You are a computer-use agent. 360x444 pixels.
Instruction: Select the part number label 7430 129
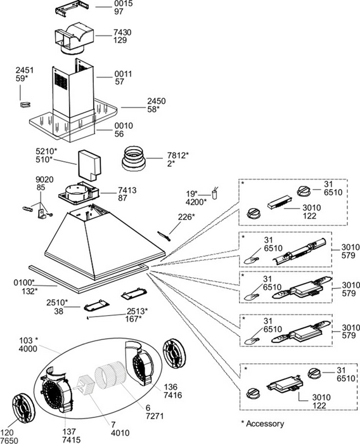point(122,36)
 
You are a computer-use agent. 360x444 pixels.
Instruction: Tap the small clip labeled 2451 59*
point(25,105)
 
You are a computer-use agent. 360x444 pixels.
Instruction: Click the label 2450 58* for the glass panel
point(156,105)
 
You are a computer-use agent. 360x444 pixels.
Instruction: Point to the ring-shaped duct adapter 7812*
point(134,159)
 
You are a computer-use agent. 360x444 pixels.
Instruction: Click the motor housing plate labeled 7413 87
point(79,193)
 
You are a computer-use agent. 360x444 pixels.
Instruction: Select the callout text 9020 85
point(44,183)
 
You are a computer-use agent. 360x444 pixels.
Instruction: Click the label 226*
point(186,217)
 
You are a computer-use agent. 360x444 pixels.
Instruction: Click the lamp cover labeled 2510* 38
point(96,306)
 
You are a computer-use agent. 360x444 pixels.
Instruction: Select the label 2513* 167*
point(137,315)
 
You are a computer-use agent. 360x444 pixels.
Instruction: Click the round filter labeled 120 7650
point(23,407)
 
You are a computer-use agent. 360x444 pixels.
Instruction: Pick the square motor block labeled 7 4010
point(86,384)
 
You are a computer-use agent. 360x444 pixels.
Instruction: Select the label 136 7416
point(172,391)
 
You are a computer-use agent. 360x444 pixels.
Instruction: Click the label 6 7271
point(155,412)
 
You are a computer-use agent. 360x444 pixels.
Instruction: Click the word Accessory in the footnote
point(265,424)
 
